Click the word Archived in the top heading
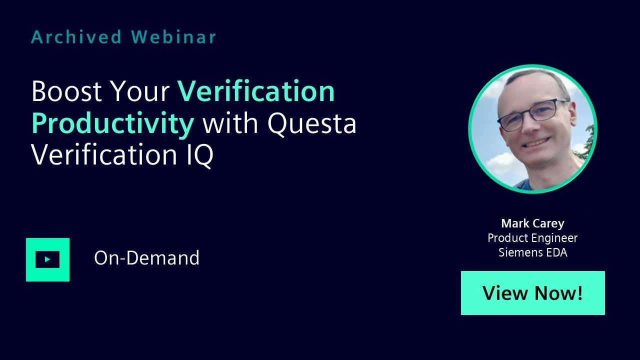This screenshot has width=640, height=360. pos(76,37)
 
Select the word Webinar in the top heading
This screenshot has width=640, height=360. pos(173,37)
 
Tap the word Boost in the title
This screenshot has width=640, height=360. pos(66,91)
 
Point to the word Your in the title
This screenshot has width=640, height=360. pos(140,91)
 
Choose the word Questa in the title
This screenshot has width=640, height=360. pos(311,124)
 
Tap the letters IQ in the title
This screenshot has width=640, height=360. pos(200,155)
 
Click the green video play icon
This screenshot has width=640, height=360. pos(47,259)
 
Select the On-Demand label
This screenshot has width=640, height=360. pos(146,257)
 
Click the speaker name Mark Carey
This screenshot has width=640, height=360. pos(533,223)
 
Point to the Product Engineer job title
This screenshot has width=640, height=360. pos(532,238)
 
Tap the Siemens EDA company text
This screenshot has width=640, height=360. pos(533,252)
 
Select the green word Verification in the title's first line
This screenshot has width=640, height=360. pos(256,91)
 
